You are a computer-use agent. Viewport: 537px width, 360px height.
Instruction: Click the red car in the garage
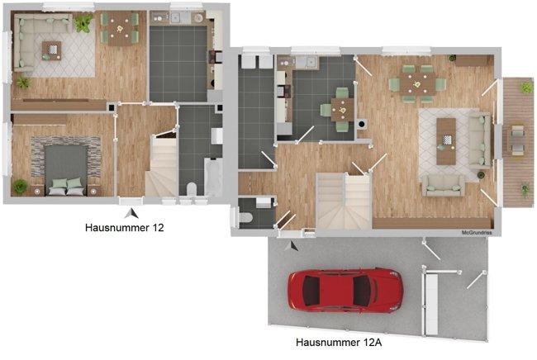click(345, 291)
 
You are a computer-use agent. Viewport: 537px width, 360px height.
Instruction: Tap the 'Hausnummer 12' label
click(124, 228)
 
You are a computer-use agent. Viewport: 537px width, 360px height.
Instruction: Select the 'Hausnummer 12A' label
click(339, 342)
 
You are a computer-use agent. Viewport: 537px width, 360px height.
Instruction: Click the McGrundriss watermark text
click(477, 233)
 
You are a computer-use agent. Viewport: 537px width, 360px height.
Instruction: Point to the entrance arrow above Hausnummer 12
click(131, 214)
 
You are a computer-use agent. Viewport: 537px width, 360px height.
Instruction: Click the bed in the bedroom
click(66, 170)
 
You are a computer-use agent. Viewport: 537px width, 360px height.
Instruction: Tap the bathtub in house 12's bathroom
click(213, 177)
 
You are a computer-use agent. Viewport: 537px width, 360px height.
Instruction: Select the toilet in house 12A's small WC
click(246, 217)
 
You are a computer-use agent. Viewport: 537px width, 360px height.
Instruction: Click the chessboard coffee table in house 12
click(52, 50)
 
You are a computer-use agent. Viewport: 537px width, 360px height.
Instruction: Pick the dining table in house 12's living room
click(120, 29)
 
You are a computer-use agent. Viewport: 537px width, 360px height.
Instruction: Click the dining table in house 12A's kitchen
click(342, 110)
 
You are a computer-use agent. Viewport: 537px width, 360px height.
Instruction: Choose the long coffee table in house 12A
click(446, 141)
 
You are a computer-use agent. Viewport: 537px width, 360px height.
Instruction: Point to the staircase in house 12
click(161, 166)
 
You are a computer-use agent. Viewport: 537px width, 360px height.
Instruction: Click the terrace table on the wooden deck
click(517, 140)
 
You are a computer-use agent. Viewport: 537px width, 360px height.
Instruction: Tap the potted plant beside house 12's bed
click(20, 186)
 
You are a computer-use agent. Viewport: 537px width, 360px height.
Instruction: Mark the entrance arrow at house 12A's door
click(292, 246)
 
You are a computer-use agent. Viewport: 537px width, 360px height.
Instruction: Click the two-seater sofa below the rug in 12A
click(444, 186)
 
